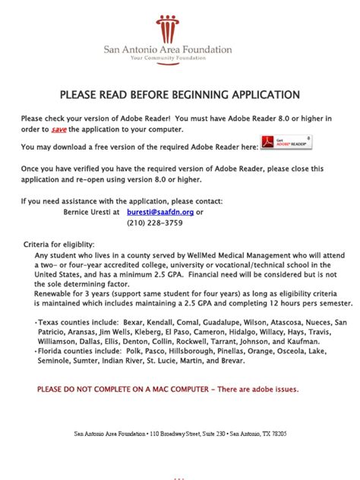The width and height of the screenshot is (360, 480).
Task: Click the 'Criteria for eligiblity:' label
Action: click(60, 245)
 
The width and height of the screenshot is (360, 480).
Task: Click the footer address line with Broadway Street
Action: click(180, 434)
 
